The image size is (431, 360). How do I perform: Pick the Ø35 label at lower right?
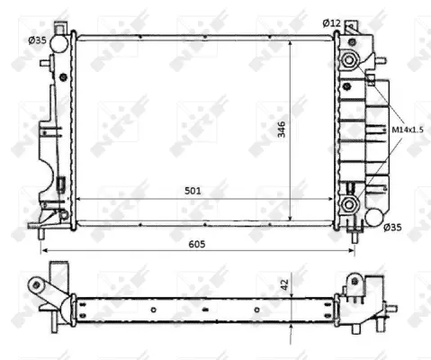[392, 228]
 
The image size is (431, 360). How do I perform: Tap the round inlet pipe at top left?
[58, 42]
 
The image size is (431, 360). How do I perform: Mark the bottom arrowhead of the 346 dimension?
[290, 219]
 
